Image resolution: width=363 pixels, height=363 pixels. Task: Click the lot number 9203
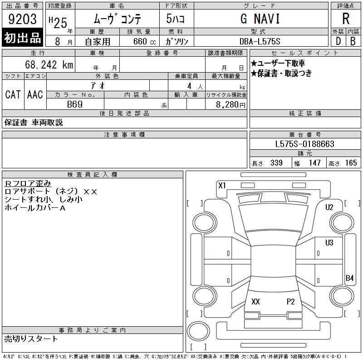coord(22,19)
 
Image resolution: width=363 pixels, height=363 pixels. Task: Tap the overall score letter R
coord(346,19)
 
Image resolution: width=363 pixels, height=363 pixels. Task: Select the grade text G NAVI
coord(260,19)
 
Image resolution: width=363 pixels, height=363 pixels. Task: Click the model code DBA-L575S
coord(260,41)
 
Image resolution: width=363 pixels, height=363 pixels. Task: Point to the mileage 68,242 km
coord(49,64)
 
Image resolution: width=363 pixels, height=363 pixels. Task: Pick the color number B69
coord(75,104)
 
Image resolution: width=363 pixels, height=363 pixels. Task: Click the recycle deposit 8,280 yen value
coord(231,105)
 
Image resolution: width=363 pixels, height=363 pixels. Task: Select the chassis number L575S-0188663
coord(304,144)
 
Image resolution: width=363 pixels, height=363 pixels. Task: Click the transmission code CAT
coord(13,94)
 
